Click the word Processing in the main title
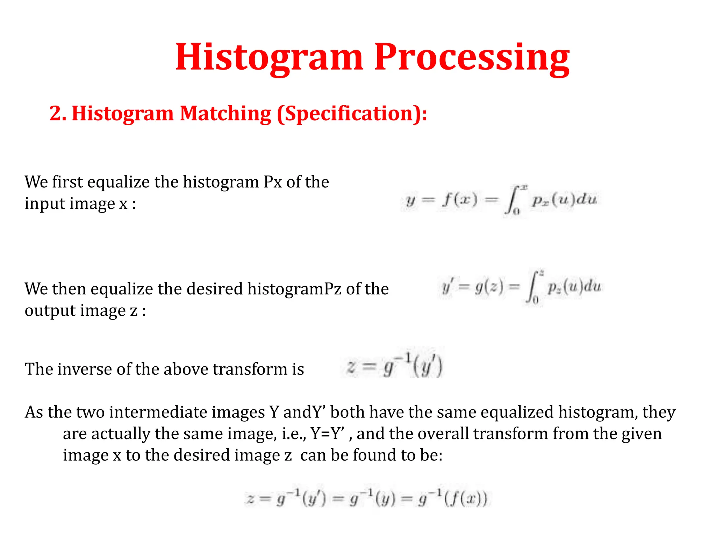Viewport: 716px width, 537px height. (472, 58)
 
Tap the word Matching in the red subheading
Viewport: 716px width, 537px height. (225, 114)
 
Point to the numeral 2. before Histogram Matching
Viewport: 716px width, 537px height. (58, 114)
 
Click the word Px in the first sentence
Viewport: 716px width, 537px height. (273, 182)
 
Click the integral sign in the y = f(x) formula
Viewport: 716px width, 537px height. (511, 200)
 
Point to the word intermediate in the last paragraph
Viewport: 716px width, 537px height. (187, 413)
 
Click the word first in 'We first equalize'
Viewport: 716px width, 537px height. (67, 182)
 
